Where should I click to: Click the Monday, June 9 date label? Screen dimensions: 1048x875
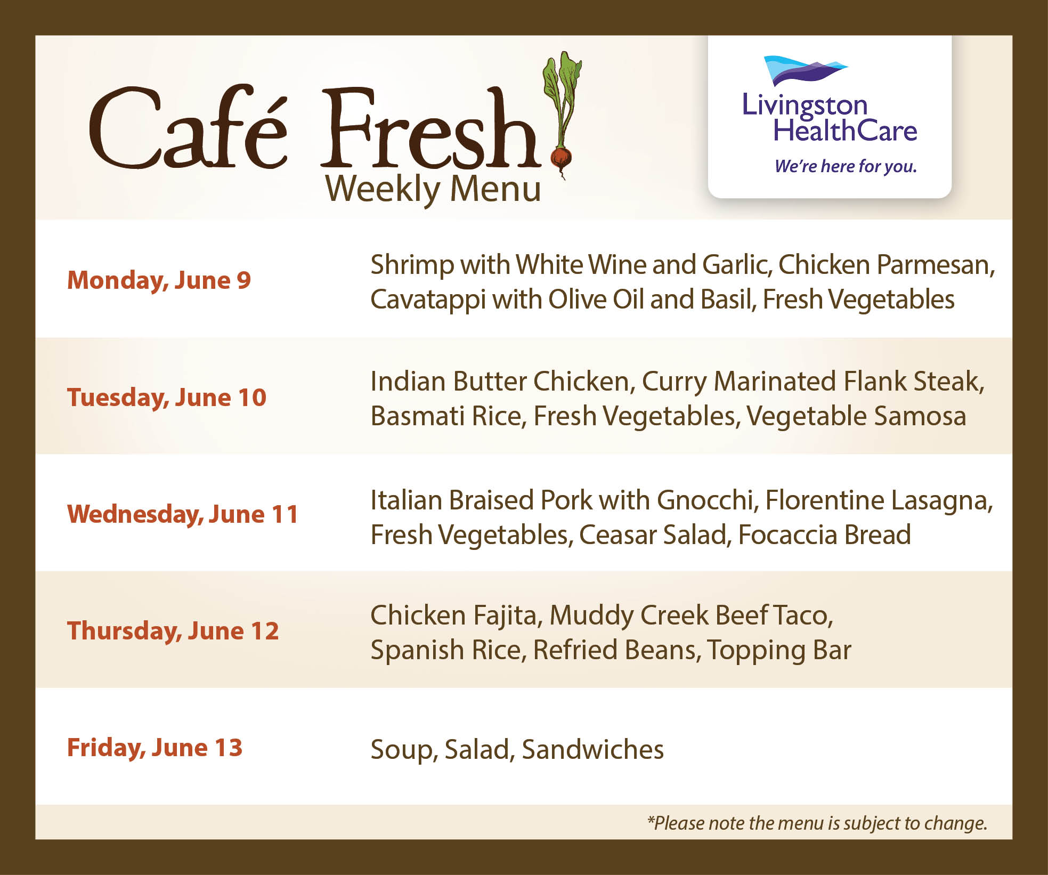(x=159, y=281)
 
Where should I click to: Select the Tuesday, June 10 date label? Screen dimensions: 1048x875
(x=167, y=398)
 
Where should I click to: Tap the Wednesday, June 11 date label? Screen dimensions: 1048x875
(x=183, y=515)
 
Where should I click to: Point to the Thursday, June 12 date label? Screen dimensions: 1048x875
(x=173, y=631)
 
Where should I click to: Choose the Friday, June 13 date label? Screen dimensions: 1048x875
(x=155, y=748)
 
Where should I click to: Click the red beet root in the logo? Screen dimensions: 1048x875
(x=560, y=158)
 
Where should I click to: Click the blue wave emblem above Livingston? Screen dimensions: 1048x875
(x=805, y=70)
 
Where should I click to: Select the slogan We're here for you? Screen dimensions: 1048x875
(x=846, y=167)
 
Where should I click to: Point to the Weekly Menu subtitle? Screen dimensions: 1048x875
(x=433, y=189)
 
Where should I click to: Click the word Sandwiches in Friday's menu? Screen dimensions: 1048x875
(x=593, y=750)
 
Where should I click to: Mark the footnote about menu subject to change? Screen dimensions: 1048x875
(x=817, y=823)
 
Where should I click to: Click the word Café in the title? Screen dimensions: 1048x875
(x=188, y=126)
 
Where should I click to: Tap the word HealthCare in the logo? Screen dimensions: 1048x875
(x=846, y=131)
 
